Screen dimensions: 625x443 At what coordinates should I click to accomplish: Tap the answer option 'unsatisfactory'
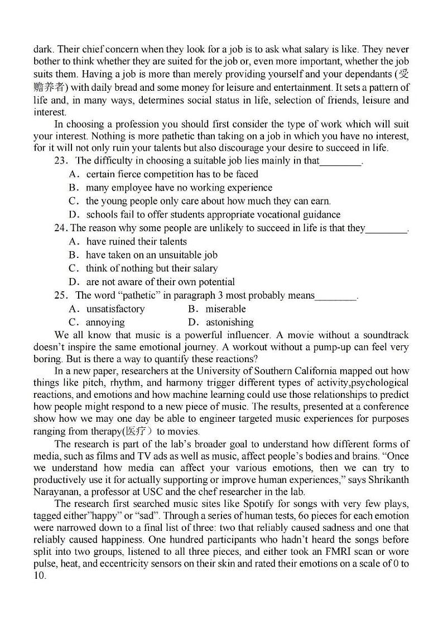pos(115,309)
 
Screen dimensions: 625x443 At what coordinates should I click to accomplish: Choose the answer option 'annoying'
pos(105,322)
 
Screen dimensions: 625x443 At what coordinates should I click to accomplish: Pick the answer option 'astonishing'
pos(229,322)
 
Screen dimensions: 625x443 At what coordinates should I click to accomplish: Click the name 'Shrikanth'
pos(387,480)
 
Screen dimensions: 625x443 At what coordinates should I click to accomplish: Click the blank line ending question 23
pos(341,161)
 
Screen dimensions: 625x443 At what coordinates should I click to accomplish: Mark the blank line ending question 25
pos(336,296)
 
